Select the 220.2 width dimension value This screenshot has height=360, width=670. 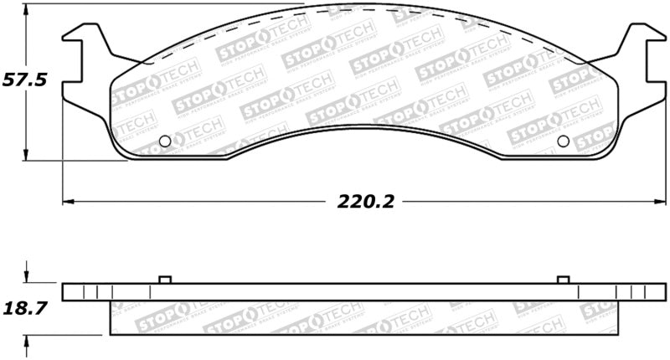[x=366, y=201]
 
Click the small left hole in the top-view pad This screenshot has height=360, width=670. [x=165, y=141]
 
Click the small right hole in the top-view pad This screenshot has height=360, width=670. [x=563, y=141]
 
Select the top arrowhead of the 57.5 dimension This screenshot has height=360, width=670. [x=28, y=9]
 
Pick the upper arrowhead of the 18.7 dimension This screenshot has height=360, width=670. [x=28, y=278]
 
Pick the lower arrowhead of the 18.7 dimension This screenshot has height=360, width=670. [x=28, y=339]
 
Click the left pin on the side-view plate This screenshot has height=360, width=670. [x=165, y=280]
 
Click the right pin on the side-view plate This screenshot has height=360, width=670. [x=563, y=280]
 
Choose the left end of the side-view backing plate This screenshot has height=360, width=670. [x=75, y=292]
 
